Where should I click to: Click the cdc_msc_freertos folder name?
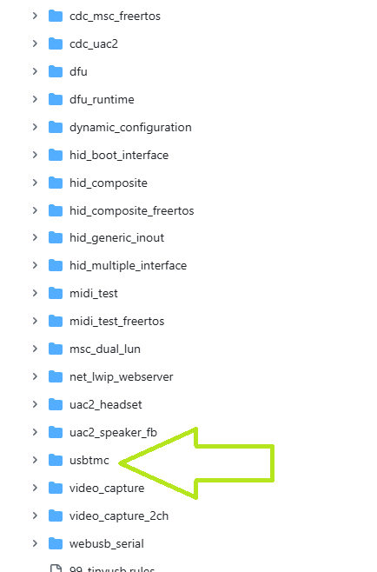(115, 16)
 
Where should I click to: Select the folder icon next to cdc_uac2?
(56, 43)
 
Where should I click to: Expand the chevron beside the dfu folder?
(35, 71)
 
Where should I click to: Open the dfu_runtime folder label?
(102, 99)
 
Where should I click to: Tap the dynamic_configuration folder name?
(130, 127)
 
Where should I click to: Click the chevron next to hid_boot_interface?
(35, 155)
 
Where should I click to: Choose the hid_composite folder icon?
(56, 183)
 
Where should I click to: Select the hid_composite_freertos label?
(132, 210)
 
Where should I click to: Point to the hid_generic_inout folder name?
(116, 238)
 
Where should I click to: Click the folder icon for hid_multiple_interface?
(56, 265)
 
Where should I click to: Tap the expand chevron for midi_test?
(35, 293)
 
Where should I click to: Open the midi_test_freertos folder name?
(116, 321)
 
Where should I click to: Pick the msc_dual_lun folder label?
(105, 349)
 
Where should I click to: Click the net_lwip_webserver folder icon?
(56, 376)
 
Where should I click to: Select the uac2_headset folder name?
(106, 404)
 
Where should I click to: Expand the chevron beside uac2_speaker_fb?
(35, 432)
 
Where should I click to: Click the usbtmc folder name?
(89, 460)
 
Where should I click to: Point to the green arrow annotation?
(197, 463)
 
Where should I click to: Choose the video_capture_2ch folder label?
(119, 515)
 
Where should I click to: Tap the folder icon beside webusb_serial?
(56, 543)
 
